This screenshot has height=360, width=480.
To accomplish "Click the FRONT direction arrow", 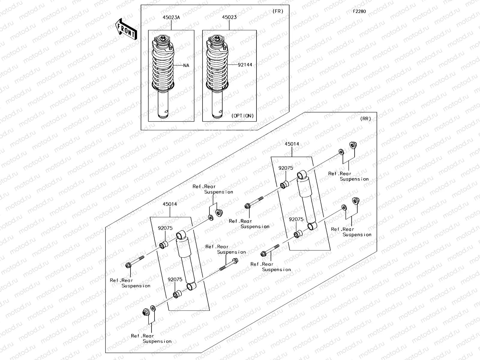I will point(126,29).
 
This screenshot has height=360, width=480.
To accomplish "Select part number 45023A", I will point(171,17).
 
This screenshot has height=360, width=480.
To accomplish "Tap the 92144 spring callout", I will point(245,65).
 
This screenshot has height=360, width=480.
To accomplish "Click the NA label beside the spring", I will point(186,65).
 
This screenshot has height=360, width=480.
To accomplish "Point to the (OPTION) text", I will point(242,116).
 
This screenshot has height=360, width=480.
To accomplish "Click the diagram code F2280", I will point(359,11).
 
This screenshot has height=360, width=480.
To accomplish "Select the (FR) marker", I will point(278,11).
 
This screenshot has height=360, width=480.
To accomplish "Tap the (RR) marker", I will point(365,118).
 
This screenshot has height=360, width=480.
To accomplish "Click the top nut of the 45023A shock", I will point(162,38).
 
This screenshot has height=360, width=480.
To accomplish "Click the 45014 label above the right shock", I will point(292,144).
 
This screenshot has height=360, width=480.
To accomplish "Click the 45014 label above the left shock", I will point(170,204).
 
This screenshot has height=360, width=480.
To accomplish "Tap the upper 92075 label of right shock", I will point(286,168).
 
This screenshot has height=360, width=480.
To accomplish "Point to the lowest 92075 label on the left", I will point(175,279).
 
